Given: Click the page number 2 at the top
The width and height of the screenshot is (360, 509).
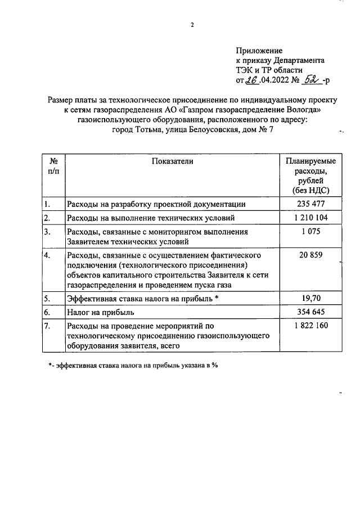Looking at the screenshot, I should click(x=192, y=24).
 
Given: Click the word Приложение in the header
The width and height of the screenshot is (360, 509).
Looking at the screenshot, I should click(x=259, y=51).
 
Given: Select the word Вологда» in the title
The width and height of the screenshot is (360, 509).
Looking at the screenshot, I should click(x=305, y=110).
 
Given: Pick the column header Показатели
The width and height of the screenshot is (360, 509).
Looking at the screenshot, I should click(x=172, y=161).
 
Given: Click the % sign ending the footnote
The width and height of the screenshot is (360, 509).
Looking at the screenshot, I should click(x=214, y=366).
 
